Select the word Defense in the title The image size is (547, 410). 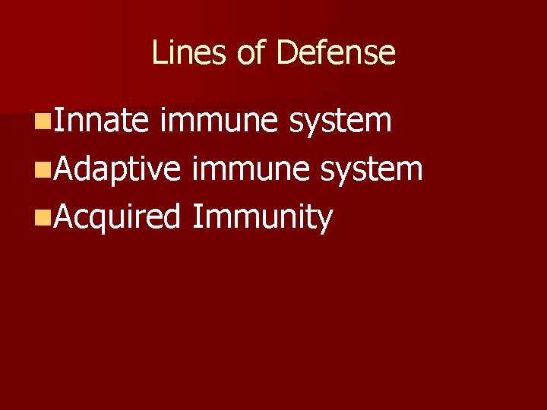(x=336, y=53)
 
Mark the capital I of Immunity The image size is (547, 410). (x=196, y=216)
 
